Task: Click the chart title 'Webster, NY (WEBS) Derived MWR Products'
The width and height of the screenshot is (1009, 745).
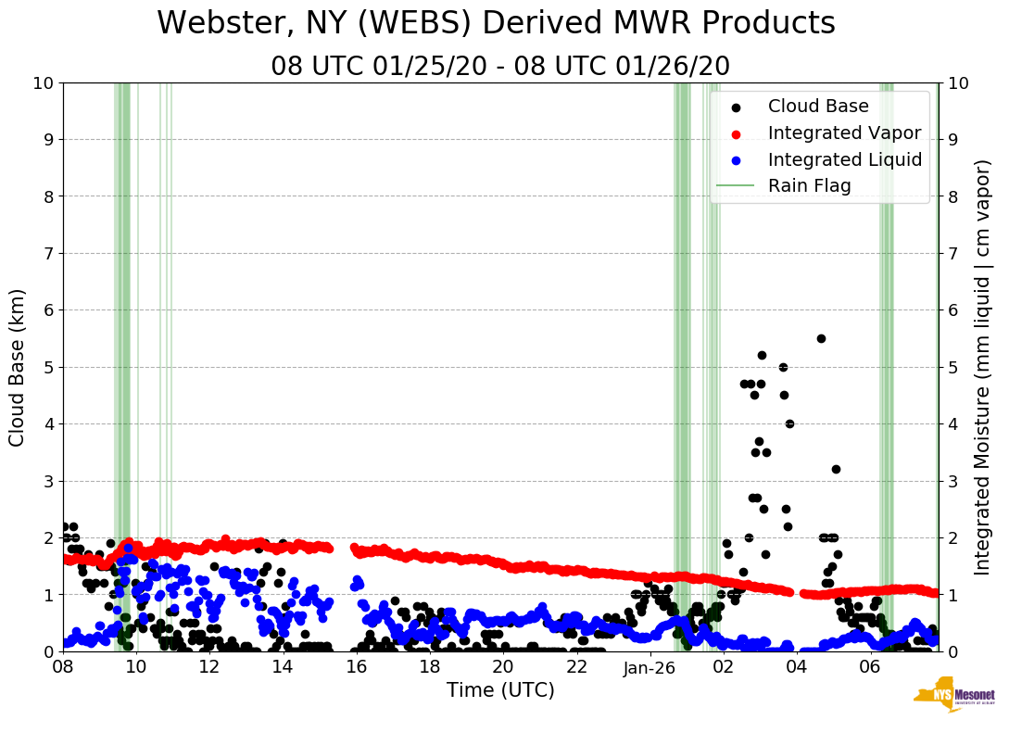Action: coord(496,23)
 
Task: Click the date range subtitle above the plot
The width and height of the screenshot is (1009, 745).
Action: coord(500,67)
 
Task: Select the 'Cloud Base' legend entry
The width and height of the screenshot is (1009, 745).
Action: coord(818,107)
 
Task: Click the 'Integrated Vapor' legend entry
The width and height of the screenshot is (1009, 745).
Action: coord(844,133)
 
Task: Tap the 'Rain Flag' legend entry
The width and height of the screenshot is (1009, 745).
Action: coord(809,186)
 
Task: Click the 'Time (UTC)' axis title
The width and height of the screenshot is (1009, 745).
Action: coord(500,691)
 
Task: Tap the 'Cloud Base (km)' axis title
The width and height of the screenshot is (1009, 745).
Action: coord(18,367)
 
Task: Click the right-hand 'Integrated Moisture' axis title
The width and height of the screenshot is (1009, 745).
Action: coord(983,367)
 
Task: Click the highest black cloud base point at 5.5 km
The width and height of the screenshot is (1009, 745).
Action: coord(821,338)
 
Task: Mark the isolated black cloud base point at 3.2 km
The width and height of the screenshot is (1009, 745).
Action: coord(836,469)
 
